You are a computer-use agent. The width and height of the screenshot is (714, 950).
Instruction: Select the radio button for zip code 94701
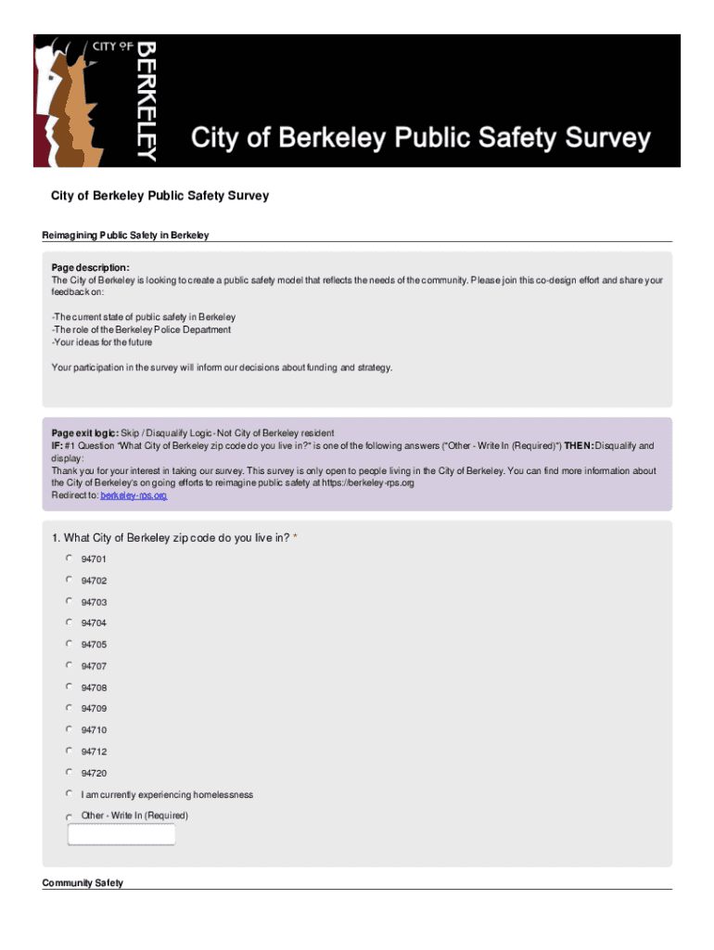(69, 558)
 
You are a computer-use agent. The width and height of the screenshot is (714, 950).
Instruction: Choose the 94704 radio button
(69, 623)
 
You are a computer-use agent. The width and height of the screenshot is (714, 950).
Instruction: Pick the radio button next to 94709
(69, 708)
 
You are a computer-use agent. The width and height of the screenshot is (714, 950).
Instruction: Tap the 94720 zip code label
(94, 773)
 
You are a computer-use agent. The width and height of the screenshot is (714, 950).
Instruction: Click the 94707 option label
(94, 666)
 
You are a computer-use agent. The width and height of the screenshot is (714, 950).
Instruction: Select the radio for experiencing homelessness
(69, 794)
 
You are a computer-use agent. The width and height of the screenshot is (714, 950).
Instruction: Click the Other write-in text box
(121, 834)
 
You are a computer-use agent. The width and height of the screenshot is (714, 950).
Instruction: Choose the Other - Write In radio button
(69, 816)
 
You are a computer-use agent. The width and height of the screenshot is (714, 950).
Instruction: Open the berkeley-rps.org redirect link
(134, 495)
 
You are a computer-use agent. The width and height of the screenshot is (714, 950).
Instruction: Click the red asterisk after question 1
(295, 538)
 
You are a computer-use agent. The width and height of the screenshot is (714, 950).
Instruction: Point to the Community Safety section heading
(83, 883)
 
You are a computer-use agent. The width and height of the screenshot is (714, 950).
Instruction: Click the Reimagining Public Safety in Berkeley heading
(125, 235)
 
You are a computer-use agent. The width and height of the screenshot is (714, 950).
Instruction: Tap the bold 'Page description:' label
(91, 267)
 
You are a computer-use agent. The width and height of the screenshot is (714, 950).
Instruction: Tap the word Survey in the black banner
(593, 139)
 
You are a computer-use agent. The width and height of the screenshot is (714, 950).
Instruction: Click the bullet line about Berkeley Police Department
(142, 329)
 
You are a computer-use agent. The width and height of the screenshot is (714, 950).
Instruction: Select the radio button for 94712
(69, 751)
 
